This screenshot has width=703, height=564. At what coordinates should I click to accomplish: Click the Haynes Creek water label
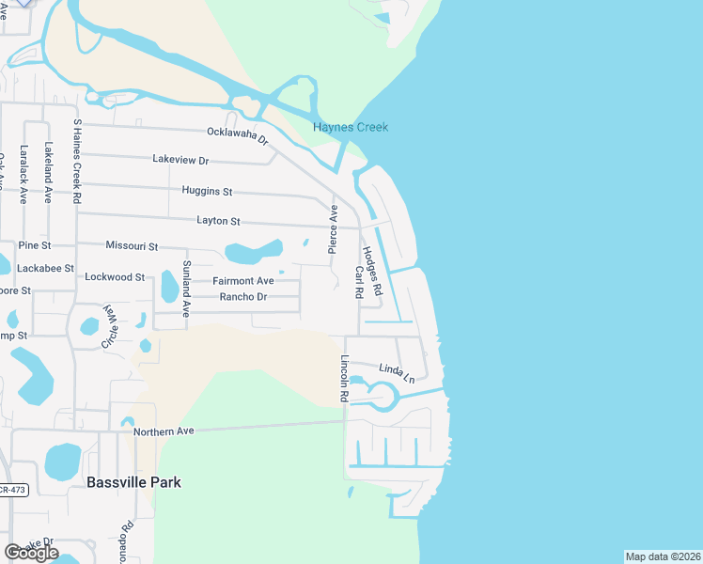(351, 128)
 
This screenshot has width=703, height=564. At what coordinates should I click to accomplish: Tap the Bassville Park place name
(133, 482)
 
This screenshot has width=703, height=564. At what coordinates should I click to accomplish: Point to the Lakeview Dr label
(180, 161)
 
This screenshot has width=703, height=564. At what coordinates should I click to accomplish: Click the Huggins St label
(207, 191)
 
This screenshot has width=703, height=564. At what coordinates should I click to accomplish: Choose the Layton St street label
(219, 221)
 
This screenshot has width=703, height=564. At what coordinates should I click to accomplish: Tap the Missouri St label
(132, 245)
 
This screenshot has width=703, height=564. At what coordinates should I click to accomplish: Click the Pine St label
(34, 245)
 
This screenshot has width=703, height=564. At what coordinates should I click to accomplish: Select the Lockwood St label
(115, 277)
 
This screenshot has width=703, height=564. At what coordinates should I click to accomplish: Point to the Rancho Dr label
(243, 297)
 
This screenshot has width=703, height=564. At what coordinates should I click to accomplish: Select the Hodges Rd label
(372, 269)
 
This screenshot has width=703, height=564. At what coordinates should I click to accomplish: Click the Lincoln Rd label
(345, 379)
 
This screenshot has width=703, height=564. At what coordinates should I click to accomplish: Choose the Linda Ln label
(397, 372)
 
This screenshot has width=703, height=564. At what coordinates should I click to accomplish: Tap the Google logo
(31, 552)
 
